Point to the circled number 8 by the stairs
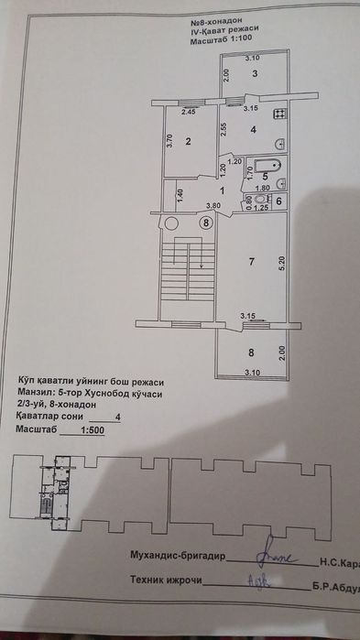[207, 222]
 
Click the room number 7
[249, 262]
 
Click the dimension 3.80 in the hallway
[213, 205]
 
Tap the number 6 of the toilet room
[279, 201]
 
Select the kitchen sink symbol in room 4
[280, 142]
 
